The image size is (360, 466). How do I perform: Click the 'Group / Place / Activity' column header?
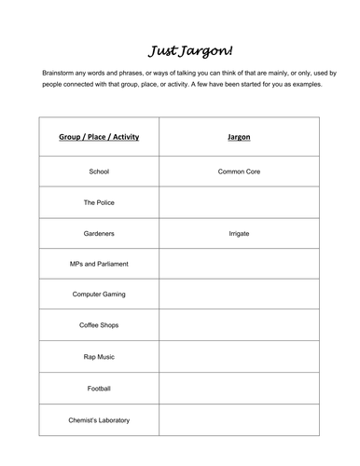[x=99, y=137]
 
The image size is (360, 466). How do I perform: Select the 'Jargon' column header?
[x=239, y=137]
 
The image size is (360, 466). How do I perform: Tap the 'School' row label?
[x=99, y=172]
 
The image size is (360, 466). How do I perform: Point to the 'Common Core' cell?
[x=239, y=172]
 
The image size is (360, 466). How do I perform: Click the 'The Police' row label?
[x=99, y=202]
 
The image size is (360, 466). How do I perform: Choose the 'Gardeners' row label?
[x=99, y=233]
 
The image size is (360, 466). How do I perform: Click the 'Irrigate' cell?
[x=239, y=233]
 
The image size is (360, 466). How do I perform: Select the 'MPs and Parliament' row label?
[x=99, y=264]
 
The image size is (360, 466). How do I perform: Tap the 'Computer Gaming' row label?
[x=99, y=295]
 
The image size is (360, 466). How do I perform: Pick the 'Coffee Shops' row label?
[x=99, y=325]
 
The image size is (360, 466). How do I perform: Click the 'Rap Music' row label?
[x=99, y=356]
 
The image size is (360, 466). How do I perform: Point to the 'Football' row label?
[x=99, y=387]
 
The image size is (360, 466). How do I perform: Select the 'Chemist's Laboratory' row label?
[x=99, y=419]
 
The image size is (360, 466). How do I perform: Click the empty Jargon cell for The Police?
[x=239, y=202]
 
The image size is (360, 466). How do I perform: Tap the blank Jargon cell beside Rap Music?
[x=239, y=356]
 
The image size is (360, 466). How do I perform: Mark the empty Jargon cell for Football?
[x=239, y=387]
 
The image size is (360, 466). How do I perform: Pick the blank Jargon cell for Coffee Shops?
[x=239, y=325]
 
